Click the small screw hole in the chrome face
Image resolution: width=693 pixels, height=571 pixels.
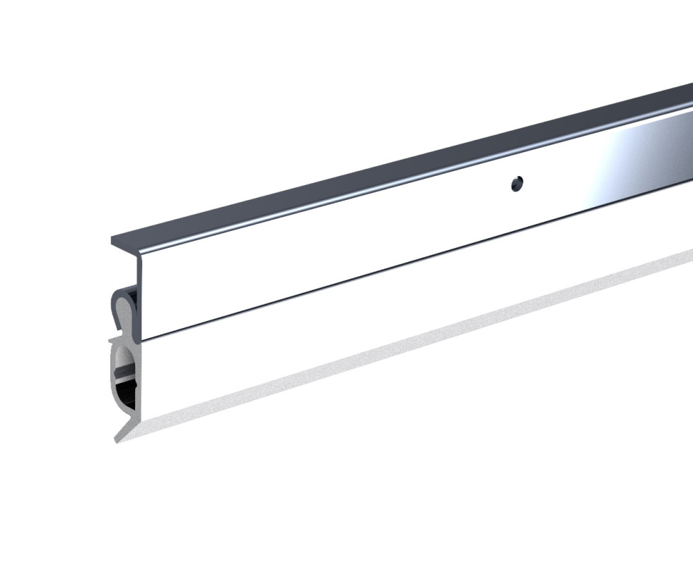pos(517,184)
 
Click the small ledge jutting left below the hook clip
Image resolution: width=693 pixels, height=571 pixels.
pos(113,341)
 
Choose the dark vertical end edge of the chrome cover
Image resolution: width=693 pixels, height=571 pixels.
pos(141,297)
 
